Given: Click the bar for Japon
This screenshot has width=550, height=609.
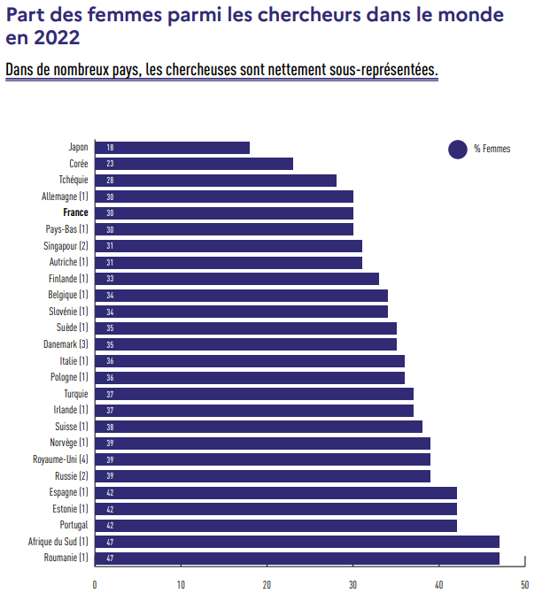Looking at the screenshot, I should pos(173,148).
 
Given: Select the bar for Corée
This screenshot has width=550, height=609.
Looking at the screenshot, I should pos(194,164).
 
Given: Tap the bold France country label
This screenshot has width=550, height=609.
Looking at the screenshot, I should pos(75,213).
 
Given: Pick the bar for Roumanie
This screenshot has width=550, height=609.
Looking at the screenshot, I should pos(297,558).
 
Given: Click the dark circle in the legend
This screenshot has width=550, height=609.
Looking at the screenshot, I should pos(458,150).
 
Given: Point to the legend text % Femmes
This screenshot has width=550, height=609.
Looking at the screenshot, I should pos(492,150).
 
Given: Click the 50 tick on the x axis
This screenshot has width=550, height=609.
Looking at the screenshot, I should pos(524,585).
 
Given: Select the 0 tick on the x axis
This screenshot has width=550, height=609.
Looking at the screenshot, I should pos(95,585).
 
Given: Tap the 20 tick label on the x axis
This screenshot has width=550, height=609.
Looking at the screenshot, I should pos(267,585).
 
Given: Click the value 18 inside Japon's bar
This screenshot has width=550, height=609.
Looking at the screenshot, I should pos(110,148).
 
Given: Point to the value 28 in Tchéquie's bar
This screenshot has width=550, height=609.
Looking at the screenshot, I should pos(110,181).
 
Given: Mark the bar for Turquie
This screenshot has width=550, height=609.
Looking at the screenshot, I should pos(254,394).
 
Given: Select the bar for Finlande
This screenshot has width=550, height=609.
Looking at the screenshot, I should pos(236,279).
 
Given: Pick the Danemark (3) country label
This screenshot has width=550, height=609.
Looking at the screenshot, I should pos(66,344).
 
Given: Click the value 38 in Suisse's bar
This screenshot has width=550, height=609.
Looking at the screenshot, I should pos(110,427).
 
